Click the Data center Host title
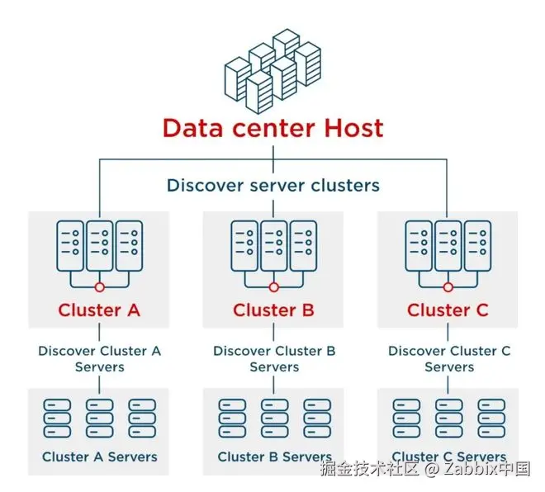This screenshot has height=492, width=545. [x=272, y=128]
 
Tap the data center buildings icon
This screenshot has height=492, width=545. [x=272, y=70]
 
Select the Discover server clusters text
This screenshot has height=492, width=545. [x=272, y=185]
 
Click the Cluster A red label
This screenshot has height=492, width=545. [x=99, y=310]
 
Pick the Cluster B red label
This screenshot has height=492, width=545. [x=274, y=310]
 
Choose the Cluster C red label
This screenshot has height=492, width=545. [x=448, y=310]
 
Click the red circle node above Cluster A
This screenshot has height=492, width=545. [x=99, y=286]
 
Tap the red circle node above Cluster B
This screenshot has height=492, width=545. [x=274, y=286]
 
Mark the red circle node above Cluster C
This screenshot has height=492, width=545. [x=448, y=286]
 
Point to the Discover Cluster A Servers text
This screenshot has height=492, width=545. [x=99, y=358]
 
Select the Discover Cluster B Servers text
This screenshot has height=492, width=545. [x=274, y=358]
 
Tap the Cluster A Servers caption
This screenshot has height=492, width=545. [x=99, y=457]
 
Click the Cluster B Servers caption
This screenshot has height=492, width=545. [x=274, y=457]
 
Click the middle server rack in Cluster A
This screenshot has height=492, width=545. [x=99, y=244]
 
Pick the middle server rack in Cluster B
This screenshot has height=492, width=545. [x=274, y=244]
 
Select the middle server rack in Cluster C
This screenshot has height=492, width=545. [x=448, y=244]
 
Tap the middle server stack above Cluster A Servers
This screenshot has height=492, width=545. [x=99, y=419]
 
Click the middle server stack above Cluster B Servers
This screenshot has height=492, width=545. [x=274, y=419]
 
